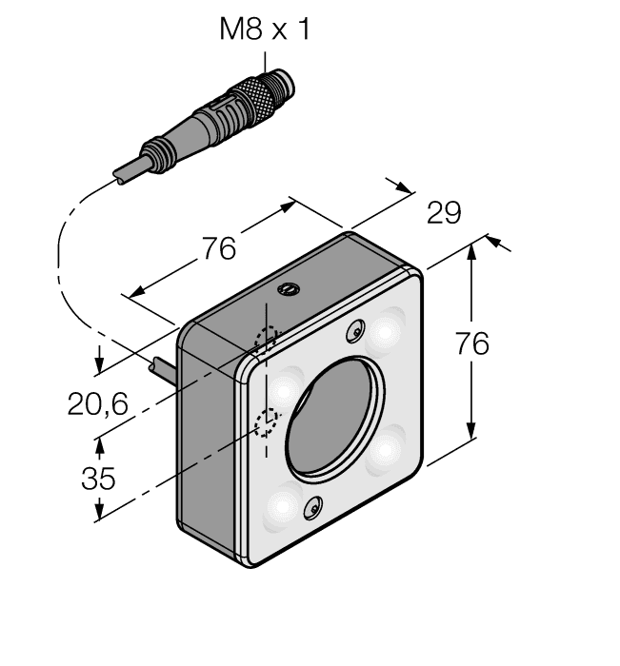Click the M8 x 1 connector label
click(265, 29)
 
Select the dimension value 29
click(443, 213)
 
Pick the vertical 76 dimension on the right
click(470, 343)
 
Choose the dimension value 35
click(97, 478)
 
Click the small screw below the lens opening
click(311, 512)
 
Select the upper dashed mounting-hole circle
click(267, 339)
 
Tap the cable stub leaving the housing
click(164, 366)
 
